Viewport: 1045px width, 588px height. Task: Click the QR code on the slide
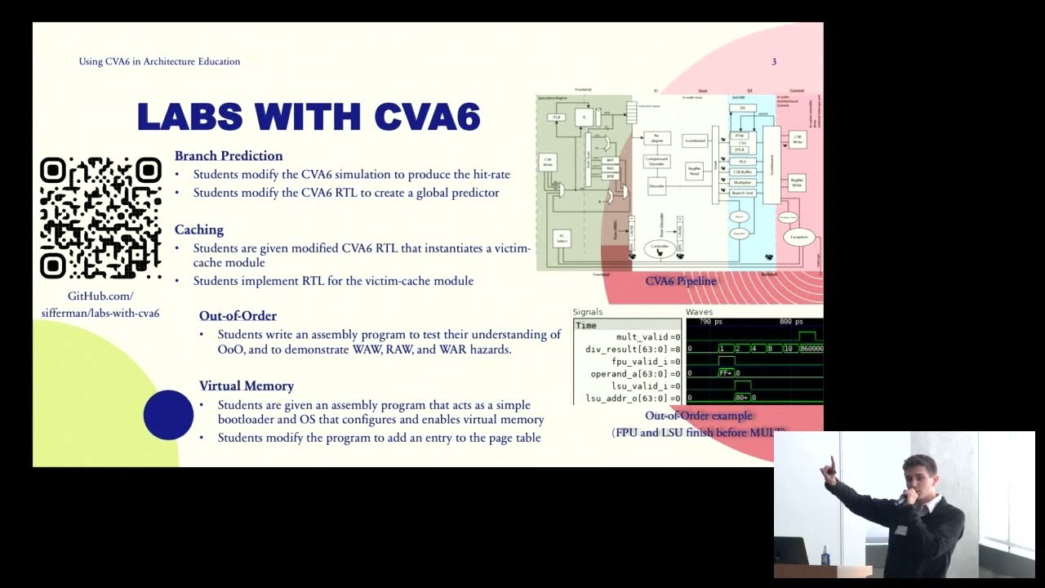(x=100, y=217)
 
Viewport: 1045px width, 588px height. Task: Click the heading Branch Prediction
(x=229, y=156)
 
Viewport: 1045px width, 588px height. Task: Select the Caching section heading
(x=199, y=229)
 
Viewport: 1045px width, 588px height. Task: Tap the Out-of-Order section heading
(x=238, y=316)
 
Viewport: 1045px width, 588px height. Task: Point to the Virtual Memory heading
(x=247, y=385)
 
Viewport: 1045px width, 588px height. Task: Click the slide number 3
(x=774, y=61)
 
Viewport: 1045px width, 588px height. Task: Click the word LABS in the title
(x=190, y=117)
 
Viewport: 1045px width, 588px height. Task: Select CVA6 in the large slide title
(x=427, y=117)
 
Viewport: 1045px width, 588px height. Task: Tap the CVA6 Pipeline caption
(x=681, y=281)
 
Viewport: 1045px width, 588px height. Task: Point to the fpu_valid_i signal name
(x=640, y=361)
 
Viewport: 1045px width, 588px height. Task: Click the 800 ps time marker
(x=790, y=322)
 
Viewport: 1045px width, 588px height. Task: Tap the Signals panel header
(x=588, y=312)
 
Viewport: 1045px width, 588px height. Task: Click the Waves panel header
(x=699, y=312)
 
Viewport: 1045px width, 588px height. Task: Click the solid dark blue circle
(x=168, y=415)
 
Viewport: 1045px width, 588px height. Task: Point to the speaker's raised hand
(x=829, y=469)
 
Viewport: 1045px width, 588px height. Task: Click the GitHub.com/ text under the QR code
(x=100, y=296)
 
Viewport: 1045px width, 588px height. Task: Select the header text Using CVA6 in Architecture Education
(x=159, y=61)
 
